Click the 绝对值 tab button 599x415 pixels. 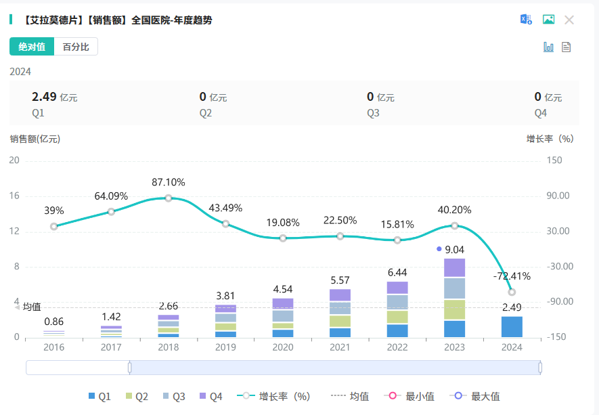point(32,47)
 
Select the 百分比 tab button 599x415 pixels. point(76,47)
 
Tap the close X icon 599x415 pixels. point(569,20)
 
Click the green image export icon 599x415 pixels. point(548,20)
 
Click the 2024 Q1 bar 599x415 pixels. point(512,326)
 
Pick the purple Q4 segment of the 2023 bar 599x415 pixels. point(455,268)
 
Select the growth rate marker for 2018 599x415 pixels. point(169,198)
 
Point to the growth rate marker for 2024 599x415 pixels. point(512,292)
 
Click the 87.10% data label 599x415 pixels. point(169,182)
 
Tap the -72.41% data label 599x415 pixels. point(512,276)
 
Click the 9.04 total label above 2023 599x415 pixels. point(455,249)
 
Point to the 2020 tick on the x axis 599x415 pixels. point(283,347)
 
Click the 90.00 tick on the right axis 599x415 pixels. point(558,196)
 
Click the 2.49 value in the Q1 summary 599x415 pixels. point(44,97)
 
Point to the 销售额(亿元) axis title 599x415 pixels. point(35,139)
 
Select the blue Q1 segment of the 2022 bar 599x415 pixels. point(397,330)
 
